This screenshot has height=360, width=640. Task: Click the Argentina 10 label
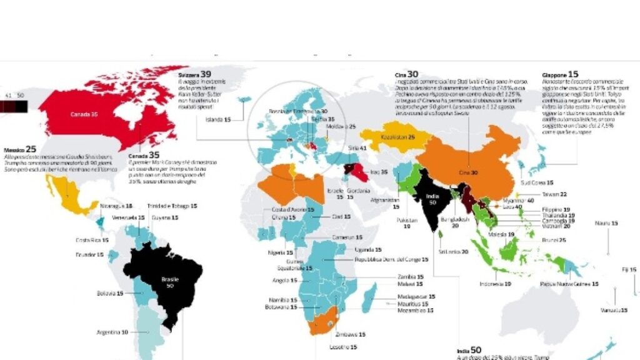pyautogui.click(x=112, y=332)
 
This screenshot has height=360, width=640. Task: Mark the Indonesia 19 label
pyautogui.click(x=495, y=283)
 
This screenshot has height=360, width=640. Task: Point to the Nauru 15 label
pyautogui.click(x=606, y=223)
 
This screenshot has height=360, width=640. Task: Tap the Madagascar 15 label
pyautogui.click(x=416, y=296)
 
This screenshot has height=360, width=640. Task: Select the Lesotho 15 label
pyautogui.click(x=344, y=347)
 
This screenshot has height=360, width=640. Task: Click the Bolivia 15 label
pyautogui.click(x=110, y=292)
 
